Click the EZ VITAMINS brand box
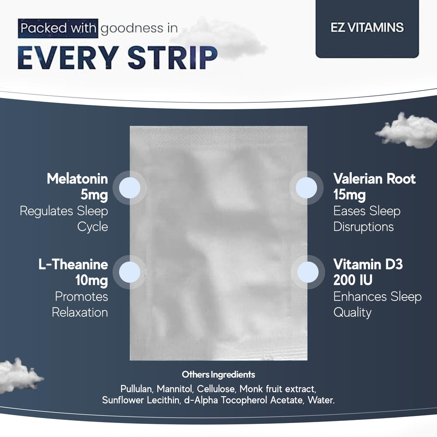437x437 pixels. (367, 28)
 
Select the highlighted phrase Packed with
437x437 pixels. (58, 29)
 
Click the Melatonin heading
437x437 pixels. (77, 179)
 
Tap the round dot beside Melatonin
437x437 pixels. (129, 187)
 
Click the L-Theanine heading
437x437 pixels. (73, 264)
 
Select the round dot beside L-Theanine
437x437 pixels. (129, 271)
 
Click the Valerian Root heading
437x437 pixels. (374, 179)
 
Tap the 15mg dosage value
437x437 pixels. (349, 195)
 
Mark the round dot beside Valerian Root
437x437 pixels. (306, 187)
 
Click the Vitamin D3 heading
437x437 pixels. (368, 264)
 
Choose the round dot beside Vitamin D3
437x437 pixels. (308, 271)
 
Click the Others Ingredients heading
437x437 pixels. (218, 375)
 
